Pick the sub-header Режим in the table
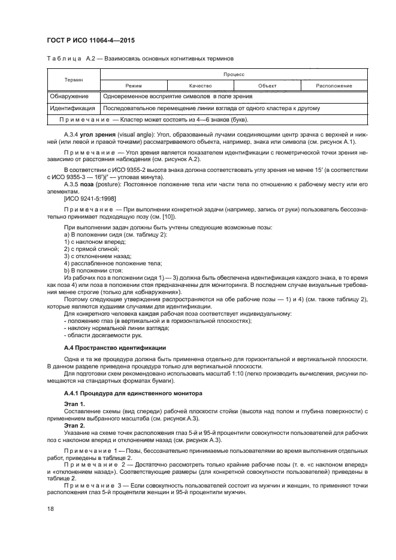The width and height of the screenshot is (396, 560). tap(129, 86)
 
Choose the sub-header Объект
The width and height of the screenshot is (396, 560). tap(267, 86)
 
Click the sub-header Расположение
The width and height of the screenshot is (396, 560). tap(334, 86)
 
